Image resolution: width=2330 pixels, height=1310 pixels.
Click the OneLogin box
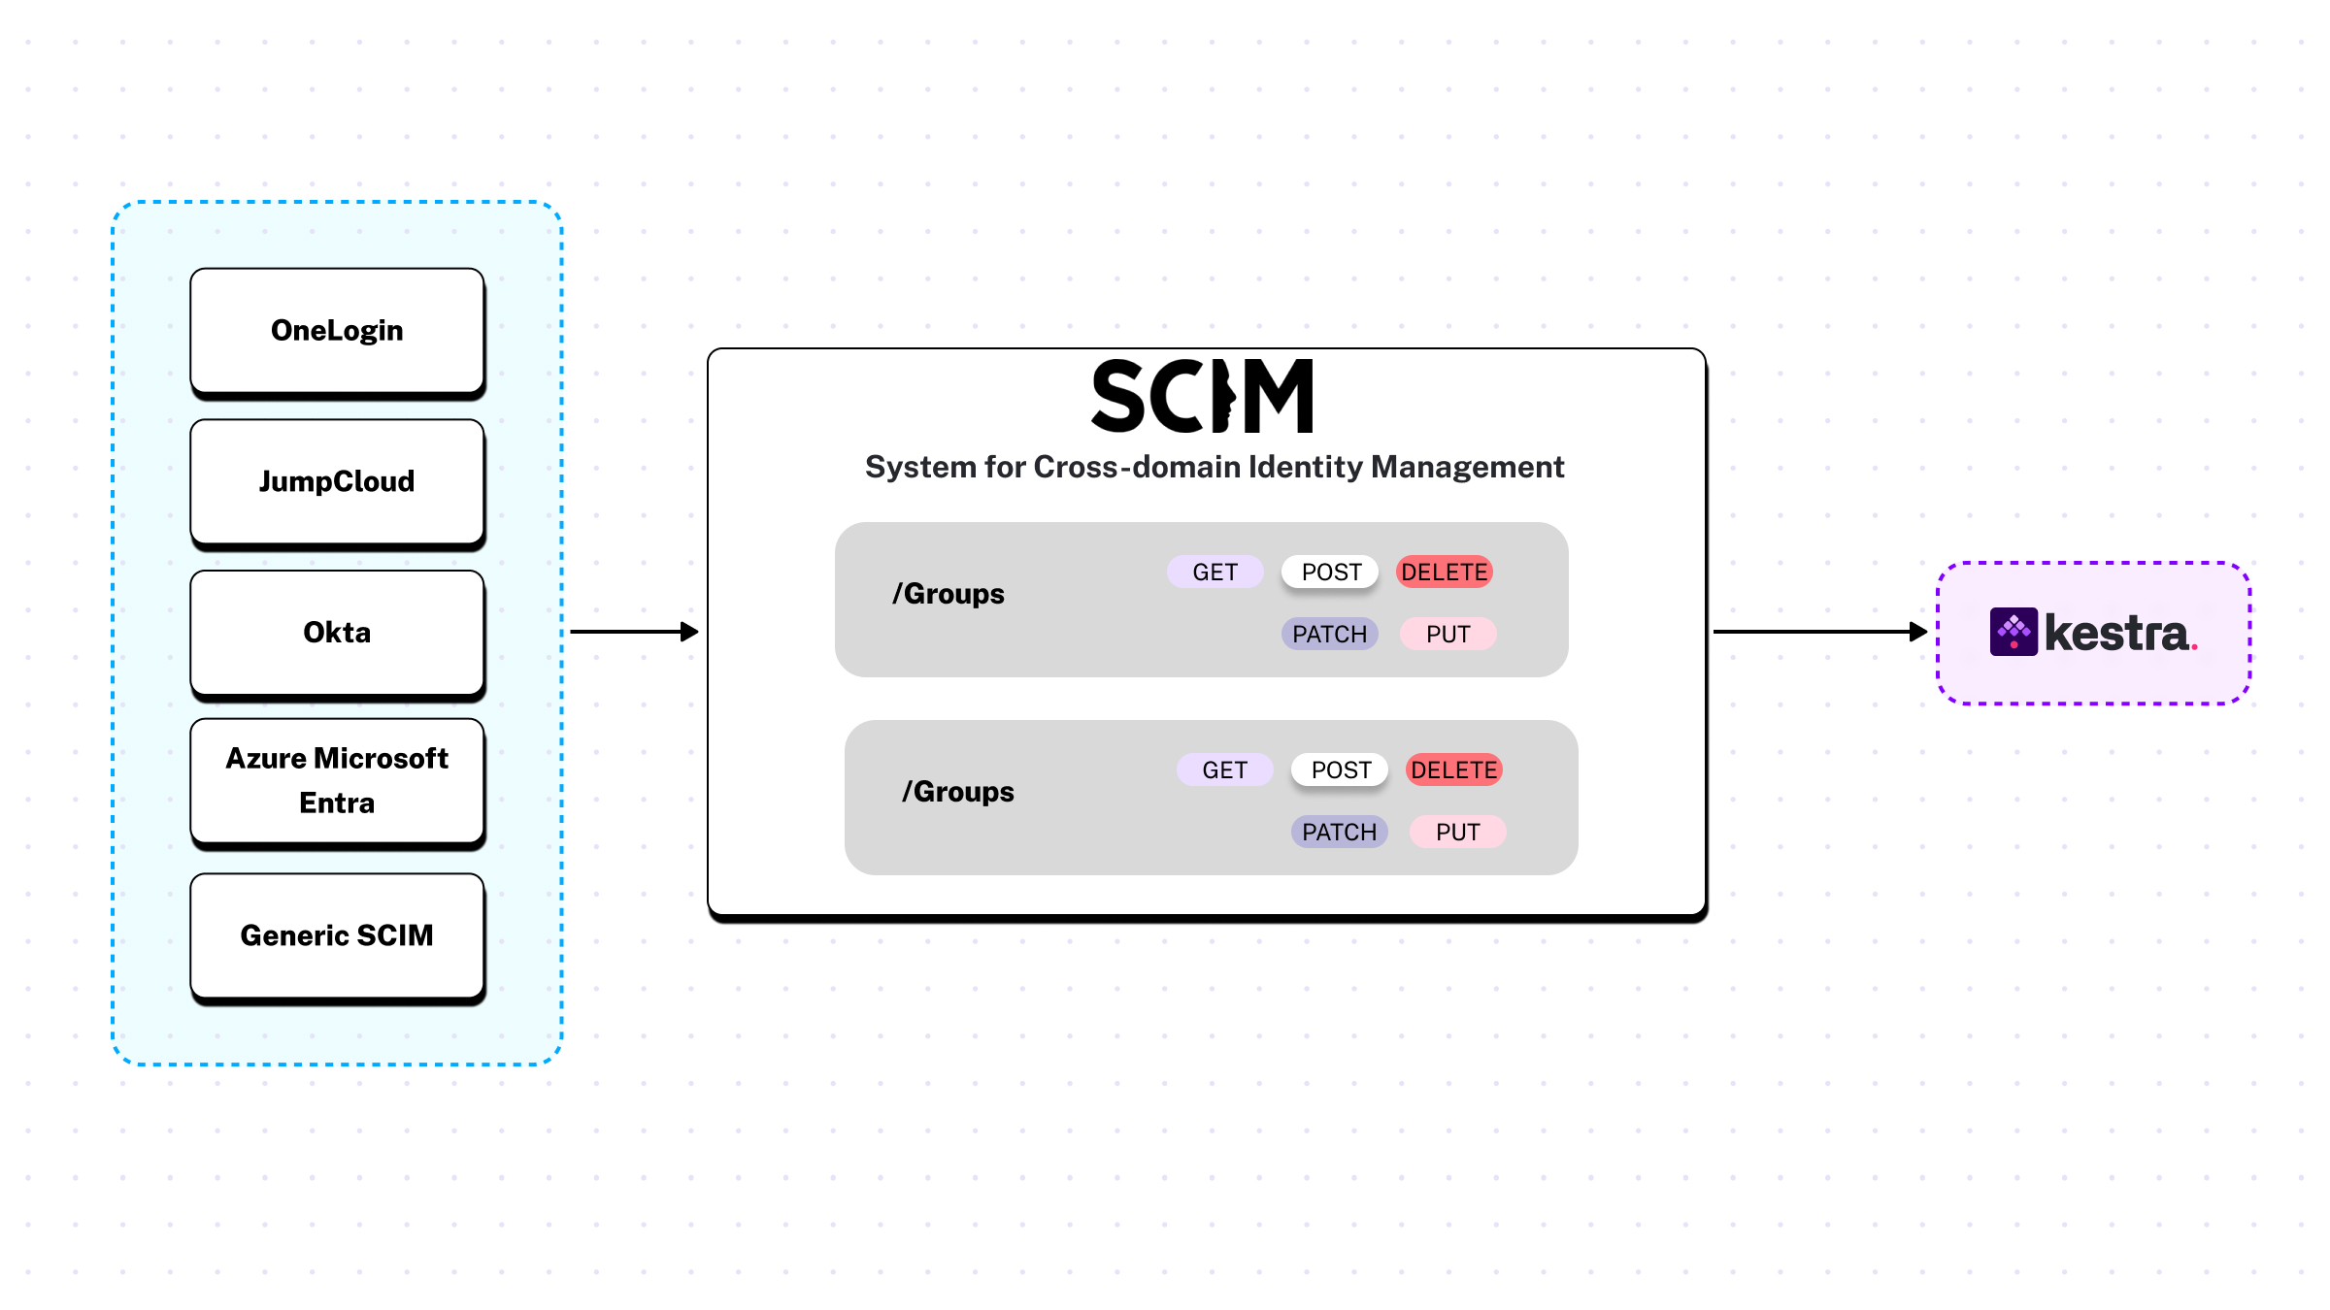tap(337, 331)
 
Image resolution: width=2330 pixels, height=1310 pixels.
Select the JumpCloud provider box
tap(337, 481)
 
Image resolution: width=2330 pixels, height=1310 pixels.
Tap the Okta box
tap(337, 633)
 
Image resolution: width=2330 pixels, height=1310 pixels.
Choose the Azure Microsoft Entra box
tap(337, 780)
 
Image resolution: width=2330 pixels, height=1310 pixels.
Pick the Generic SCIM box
tap(337, 935)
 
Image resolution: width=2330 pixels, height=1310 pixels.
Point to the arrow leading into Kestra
tap(1819, 632)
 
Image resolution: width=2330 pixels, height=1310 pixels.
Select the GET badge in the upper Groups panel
tap(1215, 572)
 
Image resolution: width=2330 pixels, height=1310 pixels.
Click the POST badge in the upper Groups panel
tap(1331, 572)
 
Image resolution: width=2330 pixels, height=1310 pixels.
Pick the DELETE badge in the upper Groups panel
tap(1444, 572)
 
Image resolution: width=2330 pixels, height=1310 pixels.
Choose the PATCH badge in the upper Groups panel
tap(1329, 634)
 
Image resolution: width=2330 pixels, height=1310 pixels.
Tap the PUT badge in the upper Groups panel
tap(1448, 634)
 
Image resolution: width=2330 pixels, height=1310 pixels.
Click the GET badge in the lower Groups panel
tap(1224, 770)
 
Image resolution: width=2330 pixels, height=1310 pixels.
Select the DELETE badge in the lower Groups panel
tap(1453, 770)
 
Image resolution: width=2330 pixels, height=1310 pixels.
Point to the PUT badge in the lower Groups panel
tap(1457, 832)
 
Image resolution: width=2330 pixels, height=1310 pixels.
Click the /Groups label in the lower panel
tap(958, 792)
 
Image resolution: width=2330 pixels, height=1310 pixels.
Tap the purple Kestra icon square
tap(2014, 632)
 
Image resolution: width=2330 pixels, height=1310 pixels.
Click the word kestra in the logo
tap(2116, 633)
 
